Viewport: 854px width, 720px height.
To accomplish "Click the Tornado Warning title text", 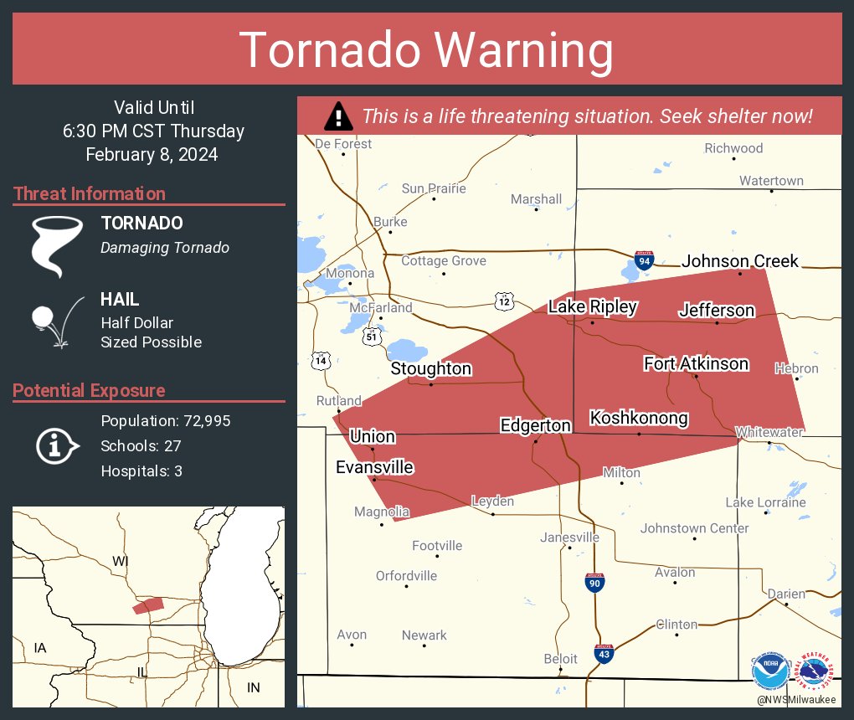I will coord(427,50).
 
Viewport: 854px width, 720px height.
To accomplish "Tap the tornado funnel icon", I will coord(57,246).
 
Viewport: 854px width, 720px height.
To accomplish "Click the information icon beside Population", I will coord(56,445).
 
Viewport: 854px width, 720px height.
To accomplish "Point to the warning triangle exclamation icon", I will coord(338,116).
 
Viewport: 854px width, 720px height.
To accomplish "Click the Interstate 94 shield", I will coord(643,261).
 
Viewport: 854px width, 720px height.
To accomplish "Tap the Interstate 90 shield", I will coord(594,583).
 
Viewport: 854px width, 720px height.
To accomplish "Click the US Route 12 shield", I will coord(503,301).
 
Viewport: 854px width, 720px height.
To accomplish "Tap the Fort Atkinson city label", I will coord(696,363).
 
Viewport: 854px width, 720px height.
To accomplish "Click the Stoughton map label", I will coord(431,368).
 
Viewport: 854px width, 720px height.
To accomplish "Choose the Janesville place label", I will coord(569,537).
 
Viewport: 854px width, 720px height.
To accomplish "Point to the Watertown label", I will coord(771,181).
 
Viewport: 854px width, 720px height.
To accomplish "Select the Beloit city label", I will coord(561,659).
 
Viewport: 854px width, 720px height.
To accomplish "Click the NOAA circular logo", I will coord(770,672).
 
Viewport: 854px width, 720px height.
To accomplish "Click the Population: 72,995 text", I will coord(166,420).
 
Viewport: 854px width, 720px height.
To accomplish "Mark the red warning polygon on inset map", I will coord(148,605).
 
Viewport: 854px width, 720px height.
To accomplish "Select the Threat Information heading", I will coord(90,193).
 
